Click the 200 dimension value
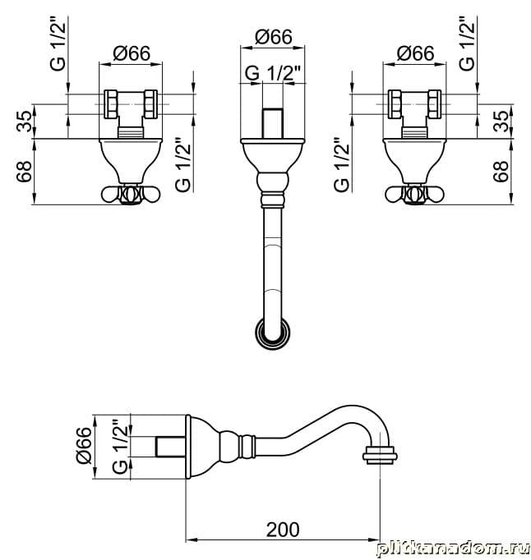click(283, 530)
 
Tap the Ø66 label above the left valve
click(132, 53)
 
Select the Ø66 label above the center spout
click(274, 37)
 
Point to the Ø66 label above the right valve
click(415, 53)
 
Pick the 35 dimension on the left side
click(25, 121)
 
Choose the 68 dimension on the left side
click(25, 172)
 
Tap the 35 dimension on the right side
click(501, 121)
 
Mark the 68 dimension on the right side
click(501, 172)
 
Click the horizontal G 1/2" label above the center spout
click(272, 74)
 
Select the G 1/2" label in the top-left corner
click(58, 44)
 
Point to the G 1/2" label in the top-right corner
click(467, 44)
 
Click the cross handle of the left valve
click(131, 195)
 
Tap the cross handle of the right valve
click(414, 195)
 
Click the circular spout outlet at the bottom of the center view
click(272, 333)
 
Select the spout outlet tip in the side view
click(380, 456)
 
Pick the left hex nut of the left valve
click(110, 104)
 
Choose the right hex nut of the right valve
click(435, 104)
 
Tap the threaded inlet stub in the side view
click(171, 447)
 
